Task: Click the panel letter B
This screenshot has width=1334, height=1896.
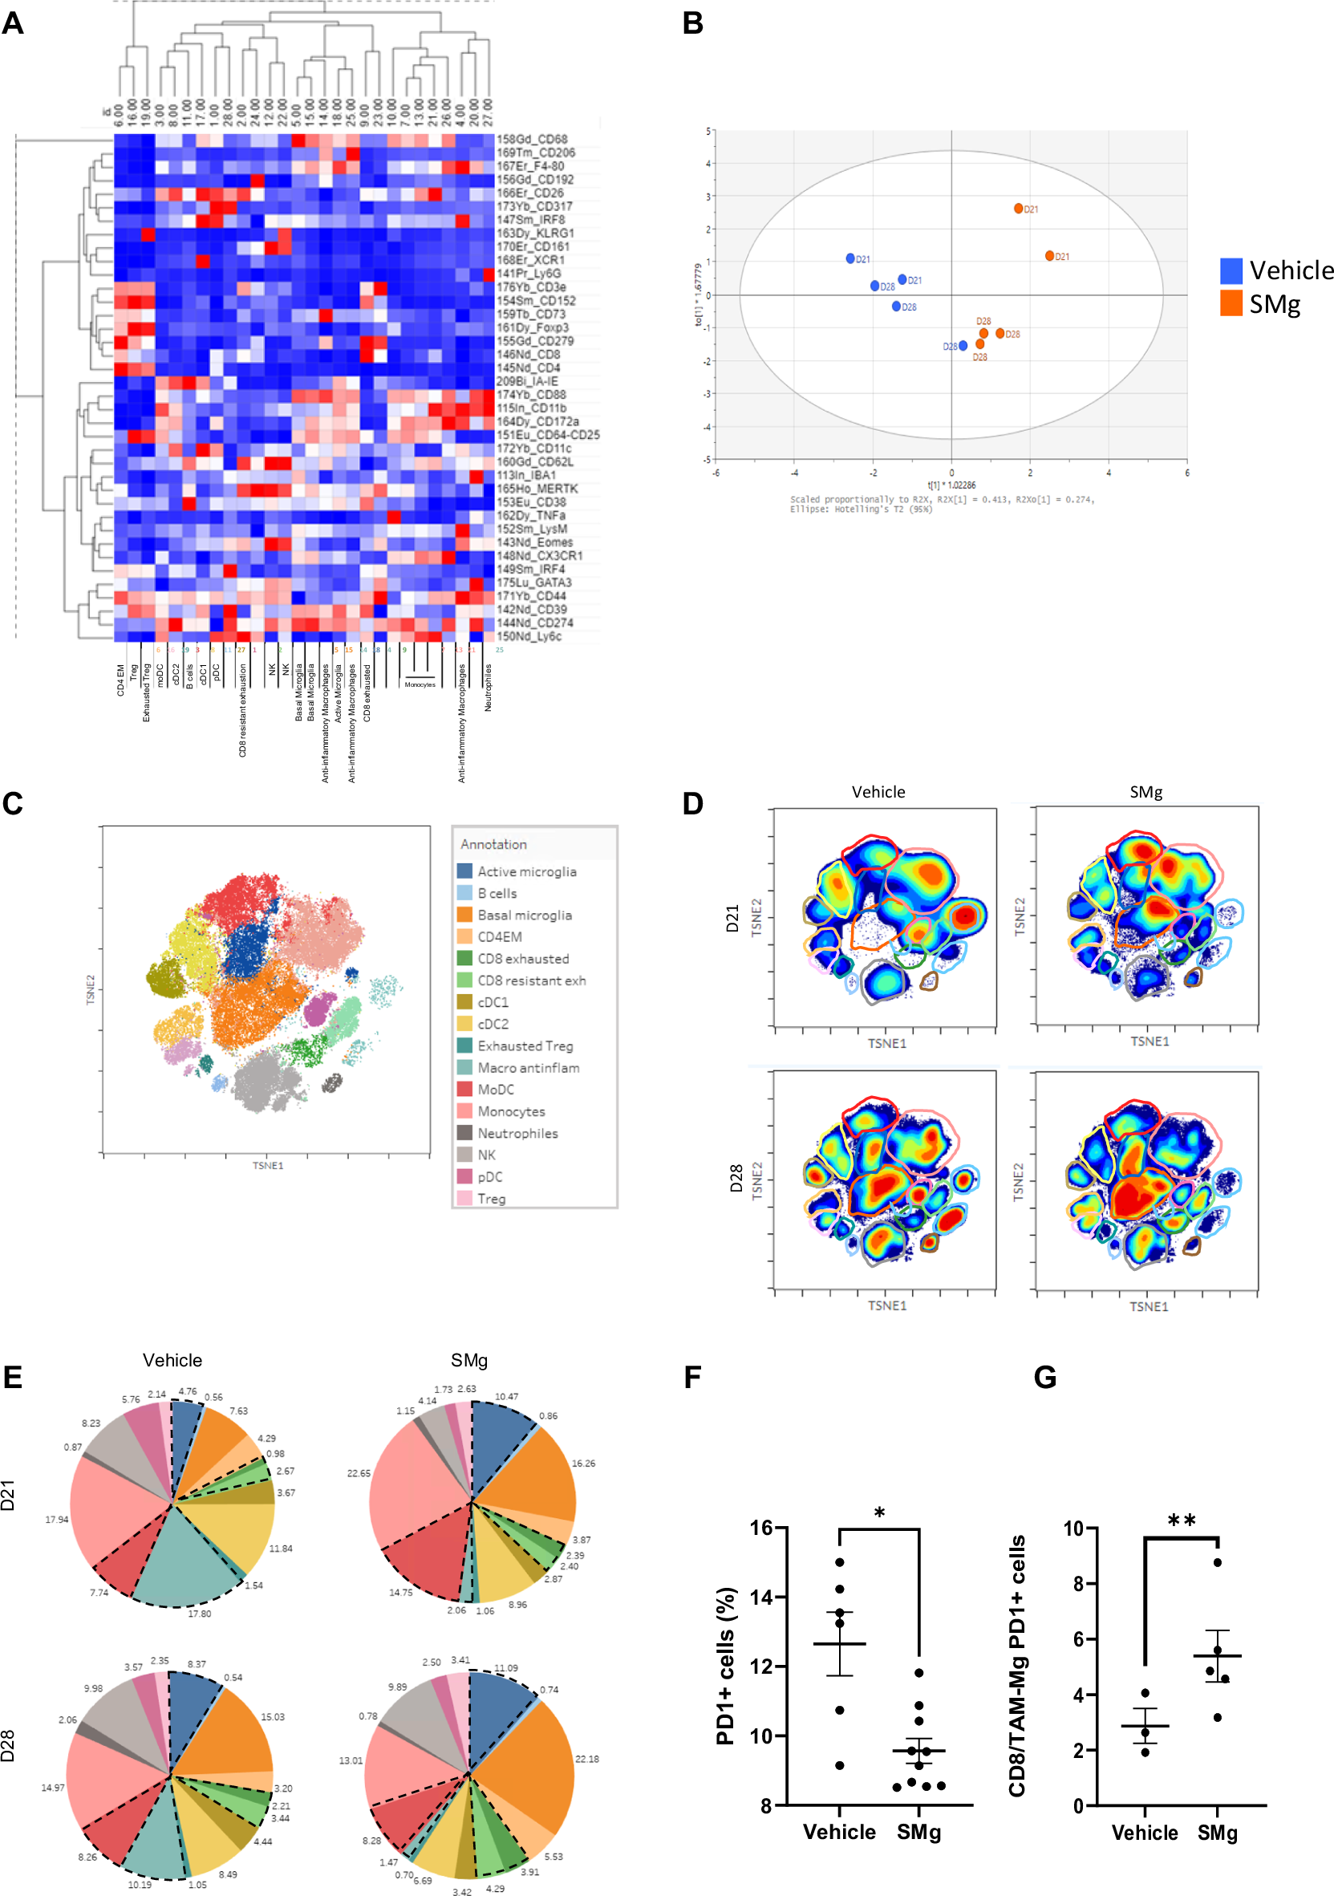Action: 692,23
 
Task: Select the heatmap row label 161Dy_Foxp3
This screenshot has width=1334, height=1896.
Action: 532,328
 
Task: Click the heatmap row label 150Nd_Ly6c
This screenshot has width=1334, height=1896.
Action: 529,636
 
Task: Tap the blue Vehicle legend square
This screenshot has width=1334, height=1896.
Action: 1231,270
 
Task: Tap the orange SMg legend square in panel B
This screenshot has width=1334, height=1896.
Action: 1231,303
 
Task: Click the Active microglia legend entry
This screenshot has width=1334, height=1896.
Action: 527,871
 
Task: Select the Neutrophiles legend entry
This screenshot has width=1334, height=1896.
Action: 517,1133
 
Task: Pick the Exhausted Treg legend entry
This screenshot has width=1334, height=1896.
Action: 525,1045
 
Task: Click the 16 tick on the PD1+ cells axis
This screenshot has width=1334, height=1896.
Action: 761,1528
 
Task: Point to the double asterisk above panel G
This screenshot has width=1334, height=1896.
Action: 1182,1521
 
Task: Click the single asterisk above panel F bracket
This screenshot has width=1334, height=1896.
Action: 879,1513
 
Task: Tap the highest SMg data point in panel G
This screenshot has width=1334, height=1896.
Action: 1217,1562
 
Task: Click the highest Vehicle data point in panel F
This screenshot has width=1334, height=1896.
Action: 840,1562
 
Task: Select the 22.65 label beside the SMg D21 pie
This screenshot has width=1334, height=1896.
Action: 359,1473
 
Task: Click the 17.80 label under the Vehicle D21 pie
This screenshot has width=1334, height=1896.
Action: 199,1614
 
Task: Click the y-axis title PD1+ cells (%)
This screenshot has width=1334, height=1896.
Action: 726,1666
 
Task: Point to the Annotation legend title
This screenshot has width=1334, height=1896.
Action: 493,844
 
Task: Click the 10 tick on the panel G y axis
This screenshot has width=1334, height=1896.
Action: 1073,1529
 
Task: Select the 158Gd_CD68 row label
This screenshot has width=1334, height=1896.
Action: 531,140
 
